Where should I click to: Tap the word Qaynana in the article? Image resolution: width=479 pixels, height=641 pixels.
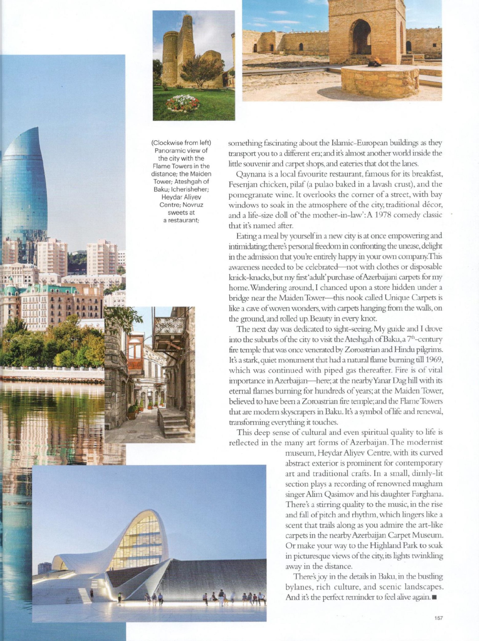click(248, 174)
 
